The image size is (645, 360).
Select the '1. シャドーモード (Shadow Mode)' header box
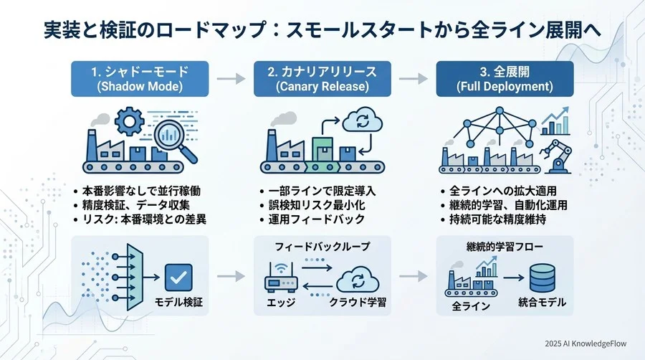(x=140, y=79)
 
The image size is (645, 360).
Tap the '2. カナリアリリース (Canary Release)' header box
(x=322, y=79)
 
